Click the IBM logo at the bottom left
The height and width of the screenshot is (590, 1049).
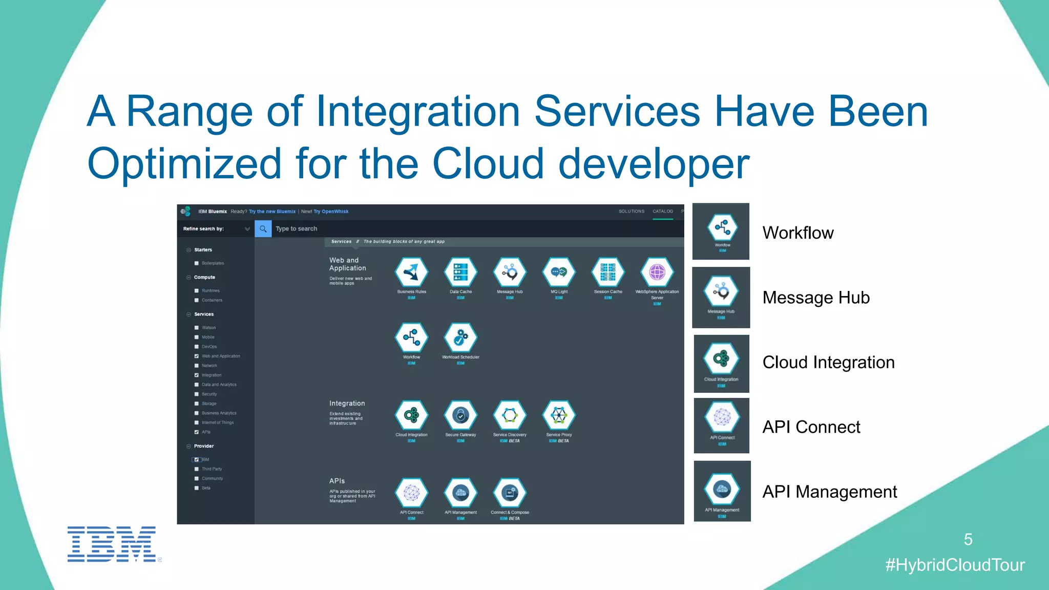[x=112, y=544]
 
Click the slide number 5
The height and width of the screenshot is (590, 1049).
[x=968, y=539]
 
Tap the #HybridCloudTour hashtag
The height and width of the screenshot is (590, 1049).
[x=955, y=565]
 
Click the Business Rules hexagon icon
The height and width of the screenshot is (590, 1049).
[x=411, y=272]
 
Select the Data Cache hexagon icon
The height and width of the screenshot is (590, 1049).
[x=460, y=272]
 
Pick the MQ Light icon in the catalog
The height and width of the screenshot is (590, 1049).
[x=559, y=272]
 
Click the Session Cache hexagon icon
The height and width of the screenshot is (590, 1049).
[x=608, y=272]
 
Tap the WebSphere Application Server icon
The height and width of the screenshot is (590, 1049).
[x=657, y=272]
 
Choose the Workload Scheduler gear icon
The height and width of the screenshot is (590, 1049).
[x=460, y=338]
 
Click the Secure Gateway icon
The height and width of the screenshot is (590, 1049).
[x=460, y=415]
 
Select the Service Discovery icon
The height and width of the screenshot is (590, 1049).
[x=510, y=415]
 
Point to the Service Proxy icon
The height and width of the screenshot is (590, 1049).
[x=559, y=415]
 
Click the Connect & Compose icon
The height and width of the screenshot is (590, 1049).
[x=510, y=493]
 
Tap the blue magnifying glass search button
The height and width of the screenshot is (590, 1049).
[x=263, y=229]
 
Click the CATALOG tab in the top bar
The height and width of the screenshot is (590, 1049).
[x=662, y=212]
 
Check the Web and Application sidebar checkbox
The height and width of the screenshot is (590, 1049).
[x=197, y=356]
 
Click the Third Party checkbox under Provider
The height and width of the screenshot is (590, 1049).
[x=197, y=469]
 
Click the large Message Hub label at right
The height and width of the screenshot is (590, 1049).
[x=815, y=298]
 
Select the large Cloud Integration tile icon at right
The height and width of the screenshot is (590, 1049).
[x=721, y=359]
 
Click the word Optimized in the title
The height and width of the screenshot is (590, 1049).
[x=184, y=164]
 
